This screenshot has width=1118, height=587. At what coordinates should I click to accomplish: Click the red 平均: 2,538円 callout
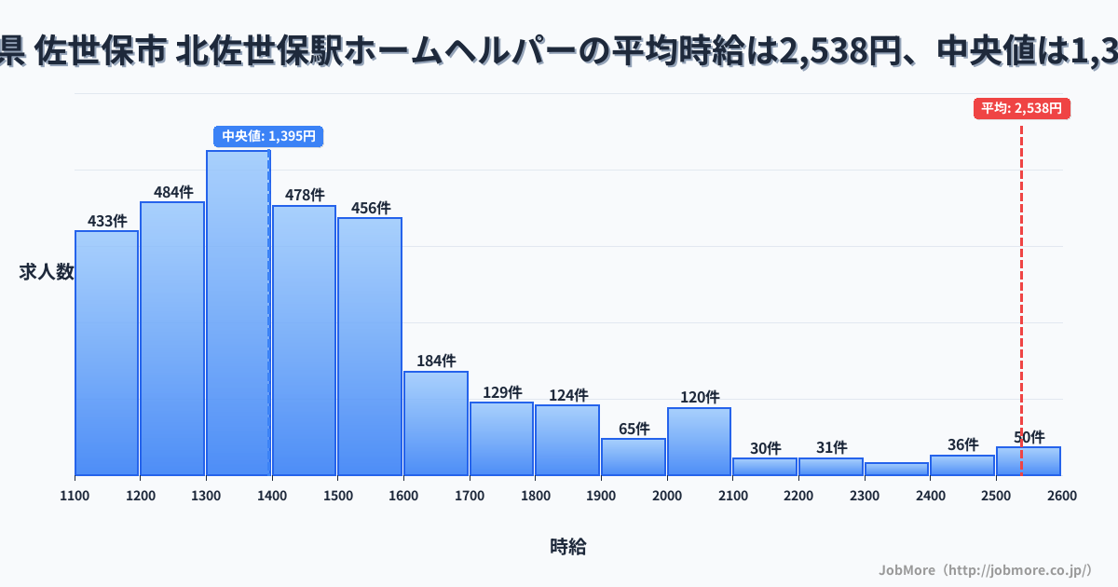1022,108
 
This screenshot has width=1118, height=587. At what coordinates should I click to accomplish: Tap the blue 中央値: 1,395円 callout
268,136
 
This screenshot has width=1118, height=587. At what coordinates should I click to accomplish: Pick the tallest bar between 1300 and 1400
238,312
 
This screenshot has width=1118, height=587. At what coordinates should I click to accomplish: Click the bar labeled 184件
436,423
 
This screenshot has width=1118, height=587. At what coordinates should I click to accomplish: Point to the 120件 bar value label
700,397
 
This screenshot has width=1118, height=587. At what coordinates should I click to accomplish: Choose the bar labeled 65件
634,457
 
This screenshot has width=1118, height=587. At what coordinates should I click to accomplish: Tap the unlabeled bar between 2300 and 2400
896,469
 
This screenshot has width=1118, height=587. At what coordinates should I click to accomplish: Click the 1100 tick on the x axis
75,496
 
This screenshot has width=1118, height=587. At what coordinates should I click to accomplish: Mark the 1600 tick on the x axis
403,496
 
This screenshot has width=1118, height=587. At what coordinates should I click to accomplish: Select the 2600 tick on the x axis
1061,496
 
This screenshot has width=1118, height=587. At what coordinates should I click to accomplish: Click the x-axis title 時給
567,547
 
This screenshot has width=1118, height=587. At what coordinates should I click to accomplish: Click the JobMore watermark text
985,569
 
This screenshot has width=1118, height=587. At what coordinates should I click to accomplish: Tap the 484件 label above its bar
172,192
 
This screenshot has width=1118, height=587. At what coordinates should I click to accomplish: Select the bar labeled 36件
962,465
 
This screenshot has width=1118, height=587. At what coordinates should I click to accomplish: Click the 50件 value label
1029,437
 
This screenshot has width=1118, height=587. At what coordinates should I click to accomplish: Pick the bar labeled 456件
370,346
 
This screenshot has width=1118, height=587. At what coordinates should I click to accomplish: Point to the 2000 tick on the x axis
667,496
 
